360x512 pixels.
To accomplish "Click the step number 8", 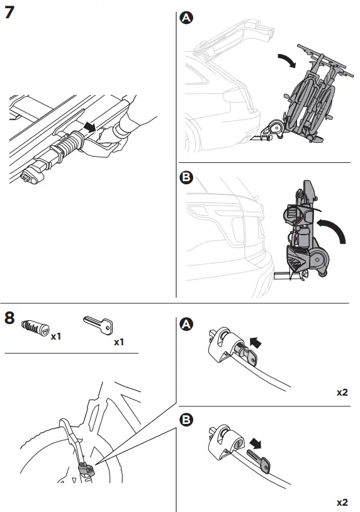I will [x=10, y=317].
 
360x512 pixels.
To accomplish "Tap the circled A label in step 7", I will [x=186, y=19].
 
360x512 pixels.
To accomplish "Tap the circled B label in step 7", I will [x=186, y=178].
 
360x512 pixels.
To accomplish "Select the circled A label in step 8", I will [x=186, y=324].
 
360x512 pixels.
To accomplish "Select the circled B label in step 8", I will [x=186, y=420].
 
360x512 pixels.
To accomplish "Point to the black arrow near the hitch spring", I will [x=91, y=126].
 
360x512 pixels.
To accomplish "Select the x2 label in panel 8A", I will [x=342, y=392].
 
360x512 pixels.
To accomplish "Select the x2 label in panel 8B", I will [x=342, y=503].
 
